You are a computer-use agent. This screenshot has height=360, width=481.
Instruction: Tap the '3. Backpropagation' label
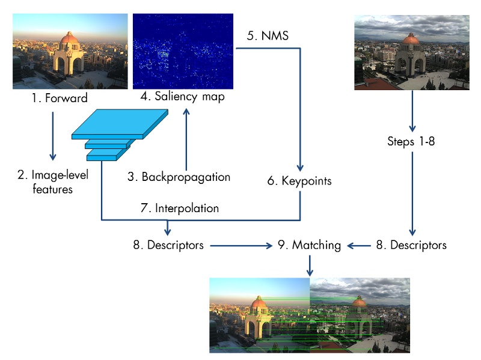tap(179, 177)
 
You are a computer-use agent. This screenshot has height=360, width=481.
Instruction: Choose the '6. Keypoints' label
tap(299, 181)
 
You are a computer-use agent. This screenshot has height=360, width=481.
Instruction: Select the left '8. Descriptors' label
tap(168, 245)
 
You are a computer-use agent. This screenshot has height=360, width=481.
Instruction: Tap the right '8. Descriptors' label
tap(412, 245)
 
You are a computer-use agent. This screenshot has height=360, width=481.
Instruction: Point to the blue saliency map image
tap(183, 51)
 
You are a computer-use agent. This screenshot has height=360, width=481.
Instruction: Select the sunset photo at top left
tap(70, 51)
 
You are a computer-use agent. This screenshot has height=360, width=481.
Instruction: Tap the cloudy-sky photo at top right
tap(412, 53)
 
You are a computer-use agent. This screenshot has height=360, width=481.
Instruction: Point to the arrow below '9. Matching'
tap(310, 264)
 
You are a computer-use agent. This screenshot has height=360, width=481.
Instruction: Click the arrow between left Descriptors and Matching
tap(240, 245)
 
